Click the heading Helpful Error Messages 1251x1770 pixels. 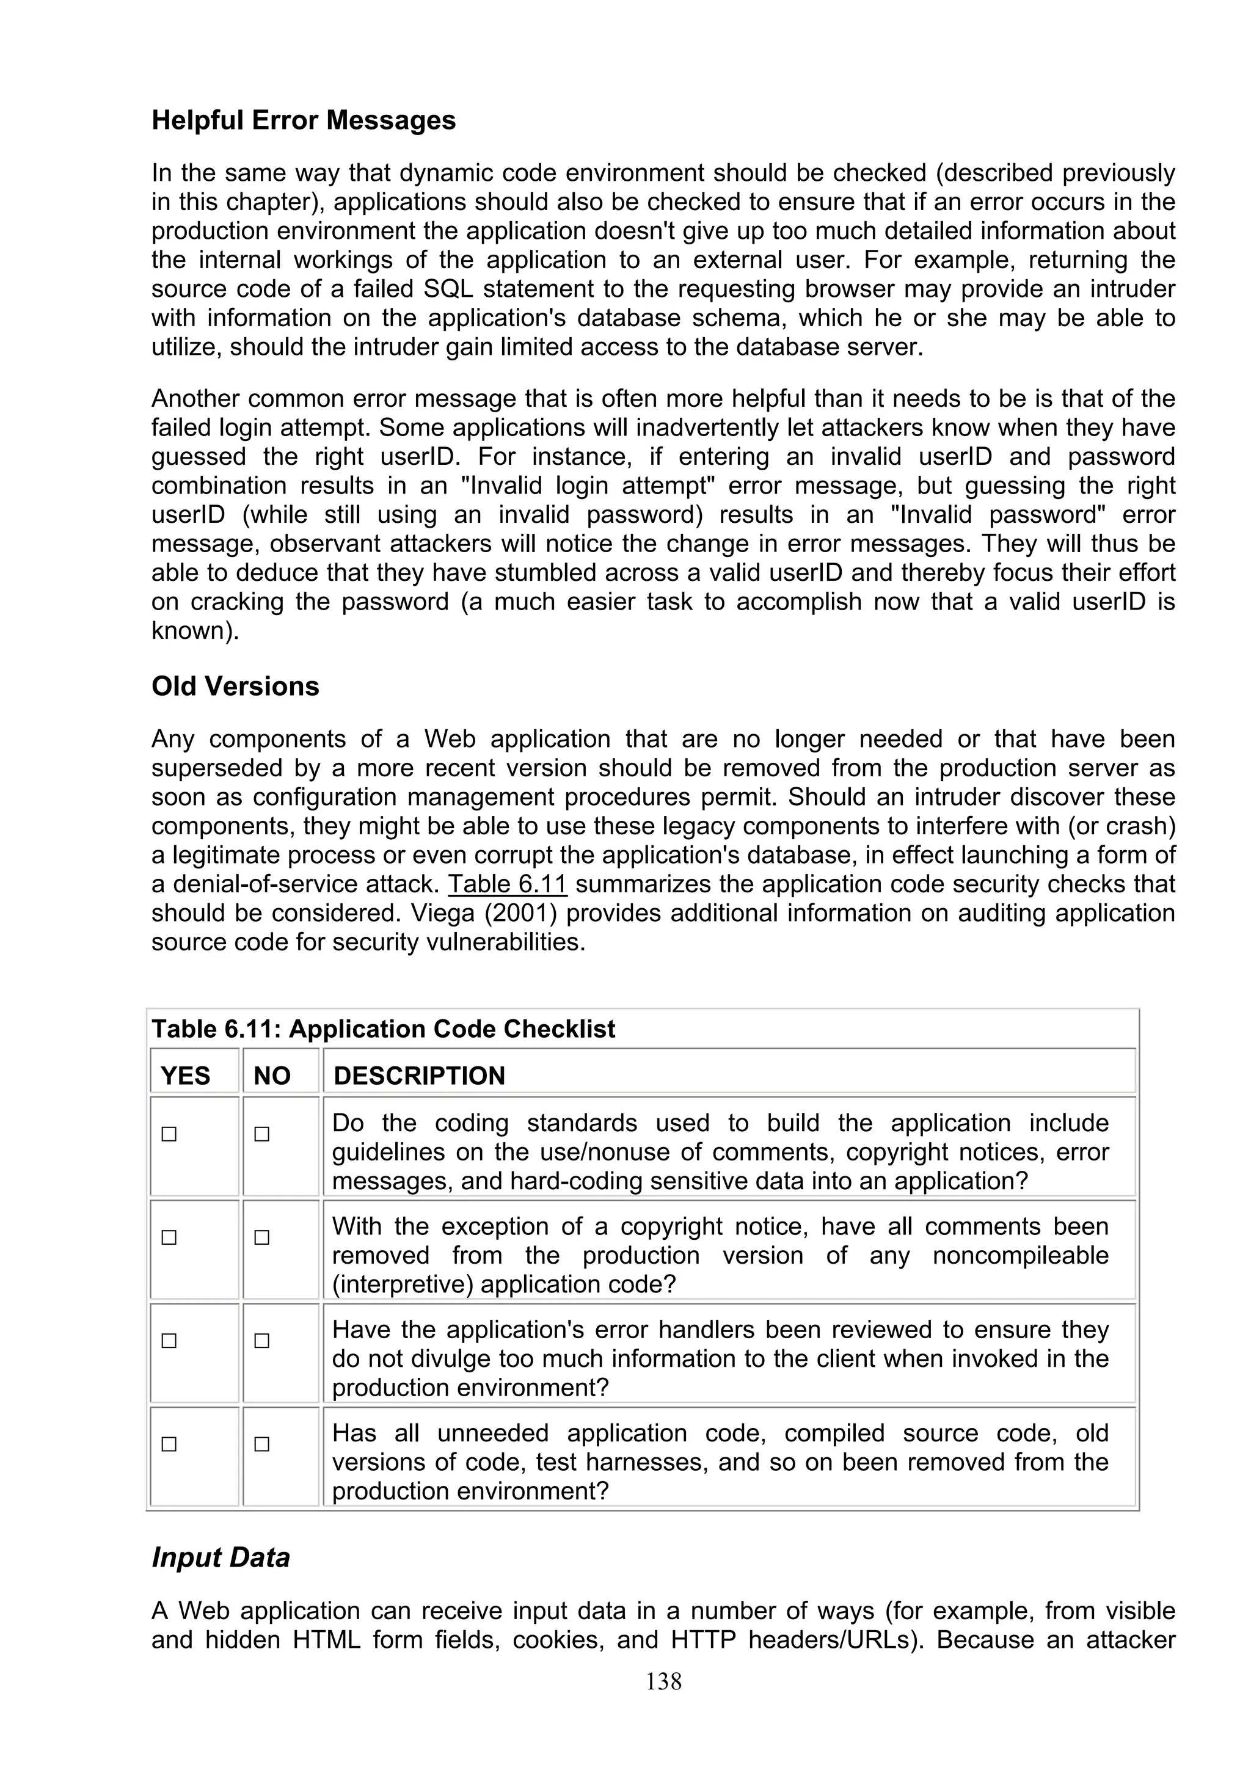(303, 120)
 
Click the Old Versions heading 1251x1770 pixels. (235, 686)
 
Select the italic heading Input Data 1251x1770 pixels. (221, 1557)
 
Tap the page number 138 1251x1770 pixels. (663, 1681)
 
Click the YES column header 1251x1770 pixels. (185, 1076)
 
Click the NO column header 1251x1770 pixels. (271, 1076)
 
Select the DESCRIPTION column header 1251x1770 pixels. (418, 1076)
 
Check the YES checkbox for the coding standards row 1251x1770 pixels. (169, 1134)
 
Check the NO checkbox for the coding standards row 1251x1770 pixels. (262, 1134)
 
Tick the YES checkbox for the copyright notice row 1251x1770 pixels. (169, 1237)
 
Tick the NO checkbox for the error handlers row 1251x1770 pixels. (262, 1341)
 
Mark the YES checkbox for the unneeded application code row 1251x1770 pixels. (169, 1444)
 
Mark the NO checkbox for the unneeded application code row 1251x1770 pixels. (262, 1444)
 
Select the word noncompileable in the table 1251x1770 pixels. (1019, 1255)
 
